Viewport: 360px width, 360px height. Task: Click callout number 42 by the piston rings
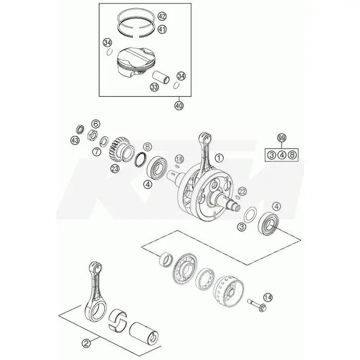162,16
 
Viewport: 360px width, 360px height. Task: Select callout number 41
162,29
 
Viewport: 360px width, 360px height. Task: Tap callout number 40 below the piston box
179,105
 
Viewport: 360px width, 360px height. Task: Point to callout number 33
154,87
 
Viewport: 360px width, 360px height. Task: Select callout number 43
75,140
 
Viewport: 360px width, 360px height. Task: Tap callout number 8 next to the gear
148,147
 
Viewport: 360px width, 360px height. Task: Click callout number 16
179,159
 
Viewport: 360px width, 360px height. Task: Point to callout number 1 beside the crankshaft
219,158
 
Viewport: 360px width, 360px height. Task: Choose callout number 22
242,191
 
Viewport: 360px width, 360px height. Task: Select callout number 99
282,138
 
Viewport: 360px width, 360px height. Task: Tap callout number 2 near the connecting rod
86,344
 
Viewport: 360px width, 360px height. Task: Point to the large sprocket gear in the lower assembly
184,268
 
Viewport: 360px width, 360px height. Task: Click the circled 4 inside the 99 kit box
282,155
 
